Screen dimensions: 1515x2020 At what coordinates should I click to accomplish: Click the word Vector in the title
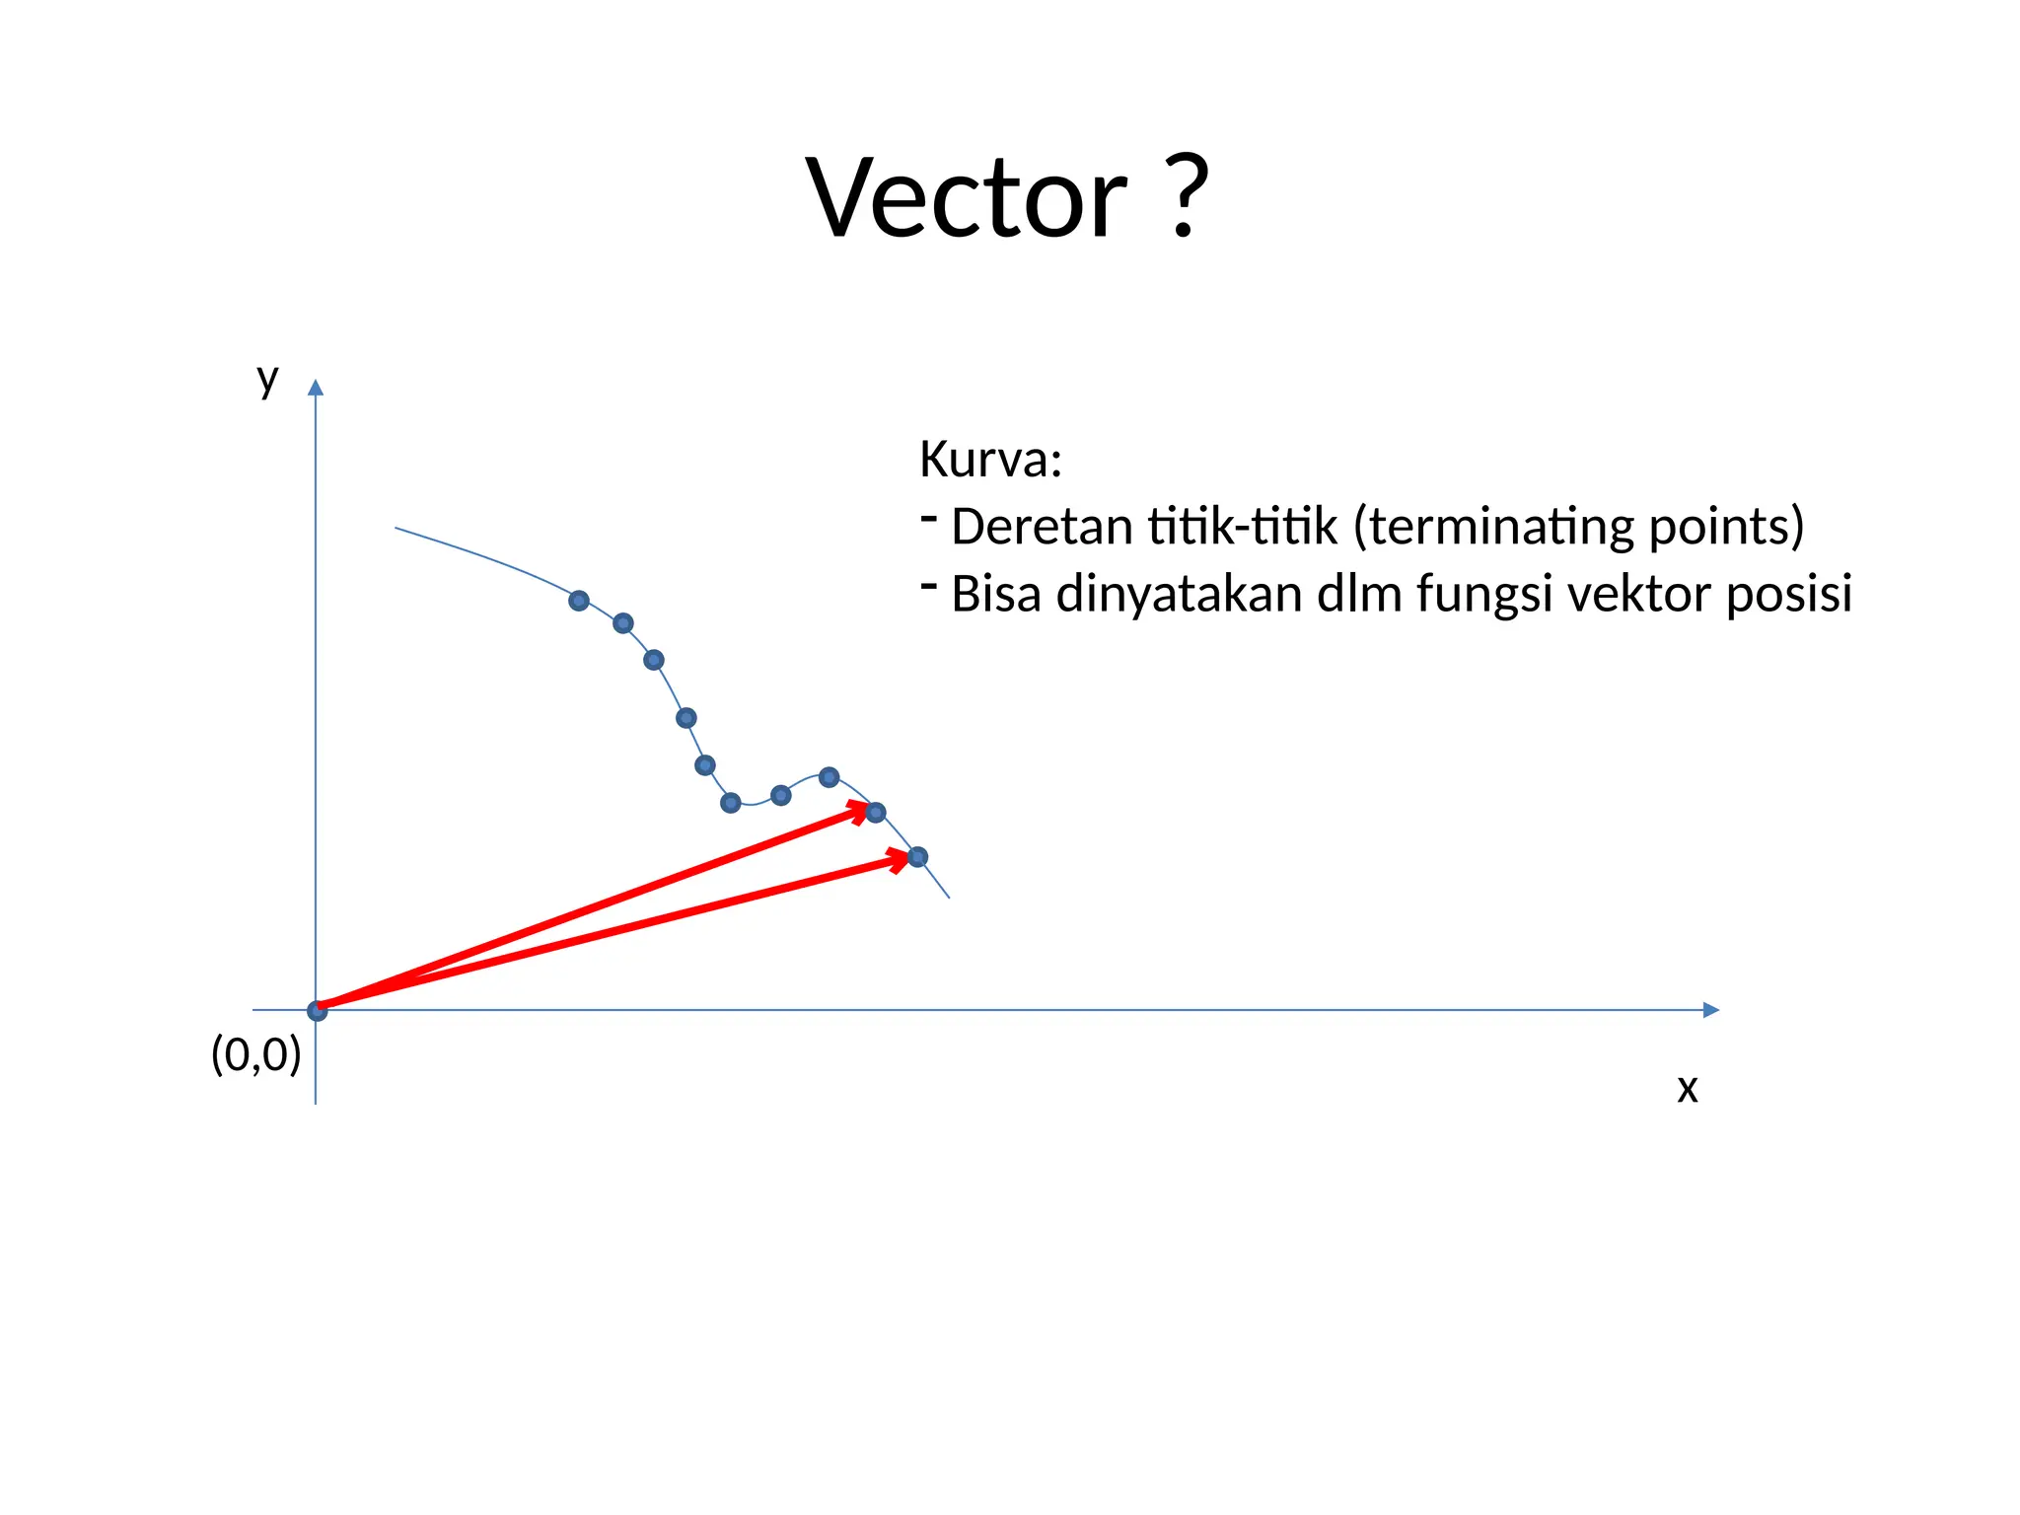click(x=967, y=199)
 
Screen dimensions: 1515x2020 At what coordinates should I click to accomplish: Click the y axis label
click(x=267, y=379)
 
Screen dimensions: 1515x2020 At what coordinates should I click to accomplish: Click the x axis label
click(x=1688, y=1089)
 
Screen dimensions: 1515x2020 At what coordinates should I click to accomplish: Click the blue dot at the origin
click(x=317, y=1011)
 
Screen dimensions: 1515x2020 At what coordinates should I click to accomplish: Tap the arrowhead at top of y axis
click(x=316, y=388)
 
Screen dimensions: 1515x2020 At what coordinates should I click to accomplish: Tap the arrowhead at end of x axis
click(x=1711, y=1010)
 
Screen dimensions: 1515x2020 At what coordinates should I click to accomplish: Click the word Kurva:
click(x=990, y=461)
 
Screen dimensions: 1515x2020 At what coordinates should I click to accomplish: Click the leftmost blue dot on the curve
click(x=579, y=601)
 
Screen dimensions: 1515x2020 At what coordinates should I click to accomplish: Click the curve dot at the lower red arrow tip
click(x=917, y=857)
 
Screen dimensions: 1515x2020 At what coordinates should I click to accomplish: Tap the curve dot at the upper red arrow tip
click(x=876, y=813)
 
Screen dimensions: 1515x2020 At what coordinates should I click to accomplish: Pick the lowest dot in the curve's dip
click(x=731, y=803)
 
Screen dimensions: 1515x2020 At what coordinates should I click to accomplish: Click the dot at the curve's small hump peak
click(x=830, y=777)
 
